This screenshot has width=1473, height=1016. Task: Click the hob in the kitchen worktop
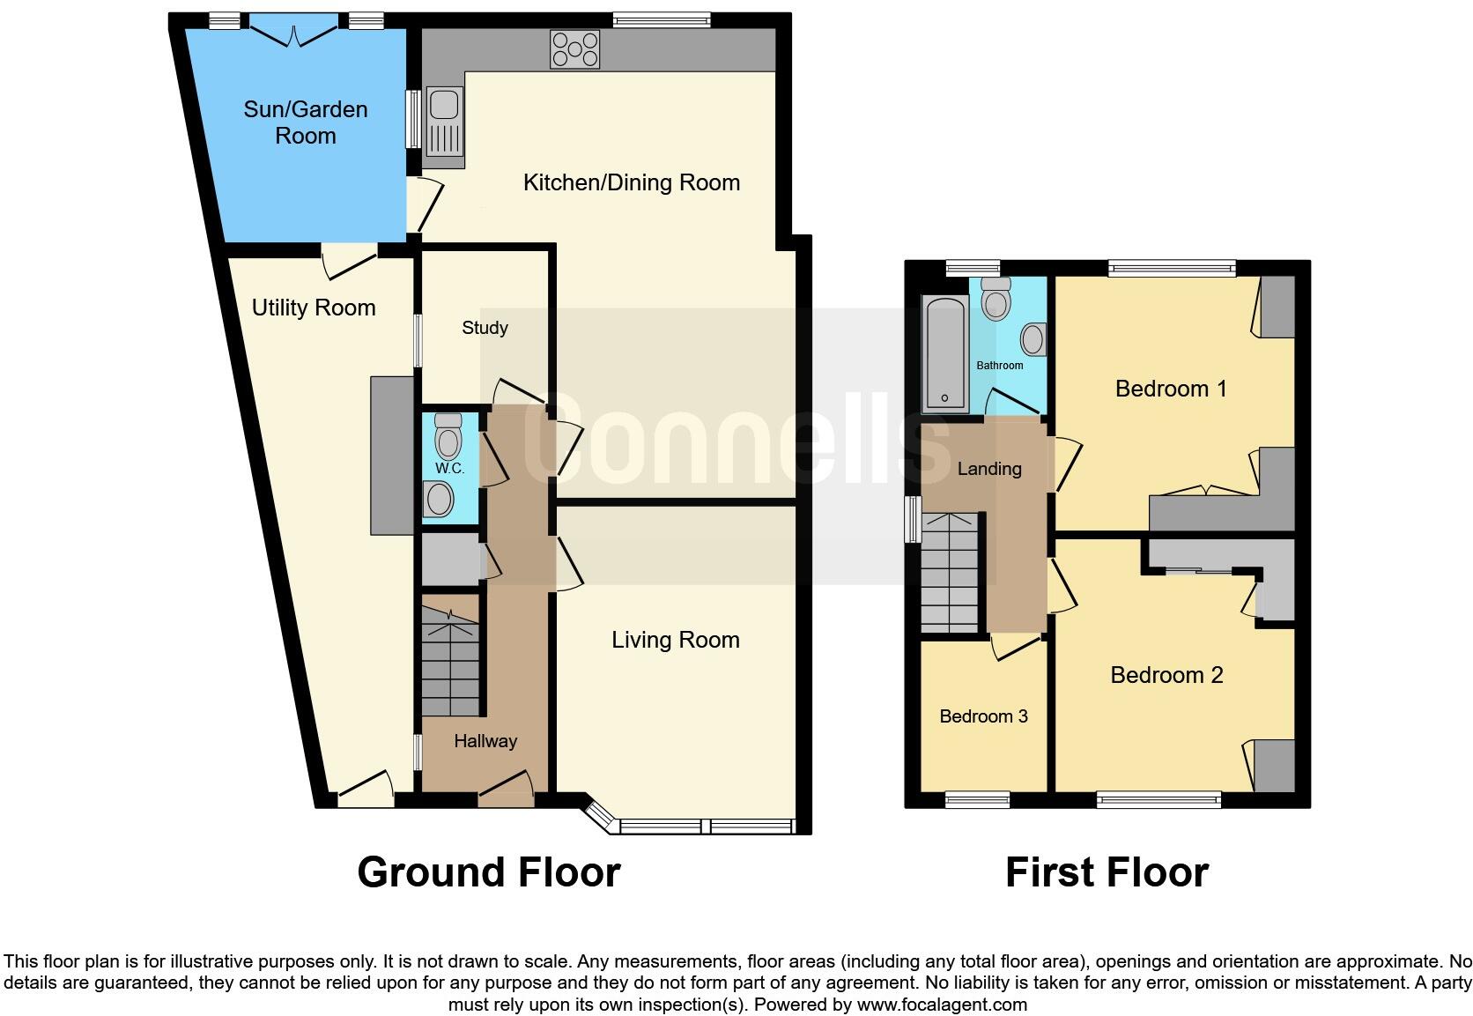[x=574, y=49]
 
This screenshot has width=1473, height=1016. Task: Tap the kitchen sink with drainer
[x=443, y=127]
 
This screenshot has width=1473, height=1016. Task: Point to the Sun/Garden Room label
[x=306, y=122]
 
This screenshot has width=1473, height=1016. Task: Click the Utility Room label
[x=314, y=308]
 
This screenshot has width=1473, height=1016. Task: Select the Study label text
[x=485, y=328]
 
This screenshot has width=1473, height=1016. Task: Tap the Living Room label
[x=676, y=640]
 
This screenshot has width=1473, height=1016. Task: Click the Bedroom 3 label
[x=983, y=716]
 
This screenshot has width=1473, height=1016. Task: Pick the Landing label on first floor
[x=989, y=469]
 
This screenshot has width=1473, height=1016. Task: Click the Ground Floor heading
[x=489, y=872]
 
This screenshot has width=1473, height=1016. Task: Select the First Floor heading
[x=1107, y=872]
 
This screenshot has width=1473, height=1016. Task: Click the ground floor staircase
[x=450, y=656]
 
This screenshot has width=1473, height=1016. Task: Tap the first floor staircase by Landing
[x=950, y=573]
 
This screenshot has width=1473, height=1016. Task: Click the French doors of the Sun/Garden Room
[x=294, y=33]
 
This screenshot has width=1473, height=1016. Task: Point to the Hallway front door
[x=506, y=789]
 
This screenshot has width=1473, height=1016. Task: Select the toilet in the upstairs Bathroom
[x=996, y=299]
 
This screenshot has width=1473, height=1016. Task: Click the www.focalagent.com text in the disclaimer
[x=941, y=1005]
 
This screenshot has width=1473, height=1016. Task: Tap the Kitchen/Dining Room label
[x=632, y=182]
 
